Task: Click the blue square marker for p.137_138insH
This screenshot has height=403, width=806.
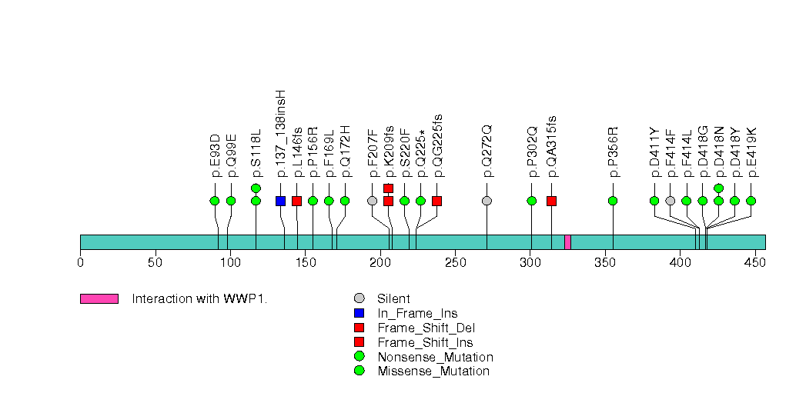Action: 280,201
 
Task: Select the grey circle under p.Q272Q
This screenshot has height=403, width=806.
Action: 487,201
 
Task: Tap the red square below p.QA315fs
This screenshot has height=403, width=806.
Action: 551,201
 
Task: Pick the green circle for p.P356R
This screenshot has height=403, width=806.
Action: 613,201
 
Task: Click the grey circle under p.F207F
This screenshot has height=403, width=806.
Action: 372,201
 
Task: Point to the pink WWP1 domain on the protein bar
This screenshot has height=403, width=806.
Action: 567,242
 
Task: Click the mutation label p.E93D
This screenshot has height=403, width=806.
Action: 215,155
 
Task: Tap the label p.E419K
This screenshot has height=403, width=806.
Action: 751,153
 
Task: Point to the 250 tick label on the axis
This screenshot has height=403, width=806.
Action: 456,263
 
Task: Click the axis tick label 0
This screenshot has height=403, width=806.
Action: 80,263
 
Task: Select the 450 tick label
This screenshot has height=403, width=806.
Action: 756,263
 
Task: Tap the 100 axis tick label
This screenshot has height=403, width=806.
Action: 230,263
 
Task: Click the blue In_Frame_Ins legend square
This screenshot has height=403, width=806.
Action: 360,313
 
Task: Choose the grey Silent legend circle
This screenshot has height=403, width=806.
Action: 360,298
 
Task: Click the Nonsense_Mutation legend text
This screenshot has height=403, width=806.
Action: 435,357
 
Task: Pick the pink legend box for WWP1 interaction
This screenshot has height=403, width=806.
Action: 99,298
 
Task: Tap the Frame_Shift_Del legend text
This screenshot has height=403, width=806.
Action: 426,328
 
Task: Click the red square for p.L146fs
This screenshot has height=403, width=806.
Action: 296,201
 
